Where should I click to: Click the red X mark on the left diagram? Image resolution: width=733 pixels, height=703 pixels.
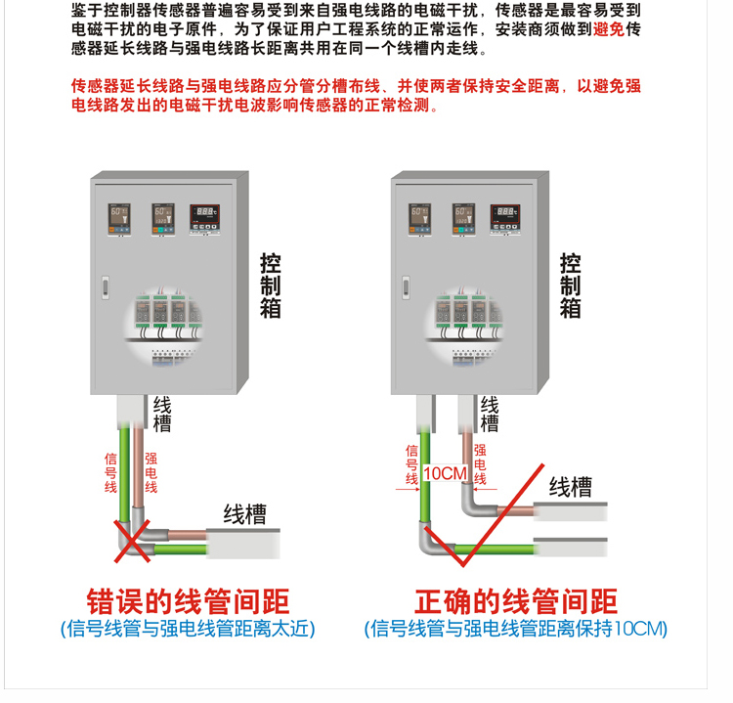(134, 540)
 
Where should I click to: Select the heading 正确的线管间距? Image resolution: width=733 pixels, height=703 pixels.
(516, 601)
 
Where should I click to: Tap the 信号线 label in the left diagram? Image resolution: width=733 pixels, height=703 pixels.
(110, 471)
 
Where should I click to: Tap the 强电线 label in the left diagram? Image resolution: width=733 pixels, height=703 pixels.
(151, 471)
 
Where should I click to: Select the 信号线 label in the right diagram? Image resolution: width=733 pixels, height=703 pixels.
(411, 465)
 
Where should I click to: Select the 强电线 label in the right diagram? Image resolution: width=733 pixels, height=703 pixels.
(480, 465)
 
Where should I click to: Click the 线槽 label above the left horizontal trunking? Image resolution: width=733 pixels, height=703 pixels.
(244, 513)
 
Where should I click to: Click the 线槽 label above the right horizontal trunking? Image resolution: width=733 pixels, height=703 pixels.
(570, 486)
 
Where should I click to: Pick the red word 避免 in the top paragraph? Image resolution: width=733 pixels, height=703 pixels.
(608, 28)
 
